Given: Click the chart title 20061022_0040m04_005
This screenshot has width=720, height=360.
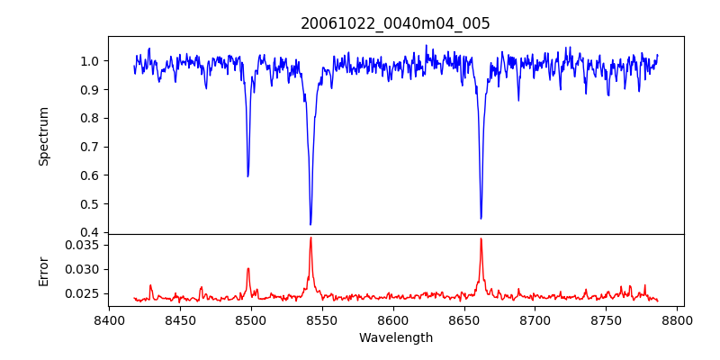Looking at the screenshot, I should click(x=395, y=23).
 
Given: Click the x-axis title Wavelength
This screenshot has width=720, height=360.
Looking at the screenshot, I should click(x=395, y=338).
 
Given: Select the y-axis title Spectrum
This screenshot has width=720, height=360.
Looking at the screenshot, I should click(x=43, y=136).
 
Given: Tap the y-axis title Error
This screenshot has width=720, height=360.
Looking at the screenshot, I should click(x=43, y=271).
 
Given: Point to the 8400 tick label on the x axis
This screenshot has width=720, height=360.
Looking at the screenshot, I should click(x=108, y=320).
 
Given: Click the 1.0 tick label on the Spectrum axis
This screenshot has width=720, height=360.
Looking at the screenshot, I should click(x=90, y=61).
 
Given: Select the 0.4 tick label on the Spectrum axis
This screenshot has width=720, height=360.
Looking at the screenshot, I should click(x=90, y=233).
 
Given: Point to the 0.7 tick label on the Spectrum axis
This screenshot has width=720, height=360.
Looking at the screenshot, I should click(x=90, y=147).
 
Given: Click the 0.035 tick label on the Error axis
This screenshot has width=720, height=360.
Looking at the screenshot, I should click(x=84, y=245).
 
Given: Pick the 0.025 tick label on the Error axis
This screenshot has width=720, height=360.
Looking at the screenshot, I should click(x=84, y=293).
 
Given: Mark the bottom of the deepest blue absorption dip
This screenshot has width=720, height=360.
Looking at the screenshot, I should click(x=310, y=224).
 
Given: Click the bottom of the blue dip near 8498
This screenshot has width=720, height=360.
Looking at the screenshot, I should click(x=248, y=175).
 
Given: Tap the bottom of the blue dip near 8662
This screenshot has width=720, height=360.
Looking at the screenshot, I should click(x=481, y=218).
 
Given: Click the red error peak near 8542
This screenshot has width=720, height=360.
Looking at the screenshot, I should click(x=310, y=238).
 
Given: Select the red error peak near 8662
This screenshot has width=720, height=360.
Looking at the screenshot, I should click(x=481, y=238).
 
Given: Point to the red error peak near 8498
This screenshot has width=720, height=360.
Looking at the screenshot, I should click(x=248, y=268).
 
